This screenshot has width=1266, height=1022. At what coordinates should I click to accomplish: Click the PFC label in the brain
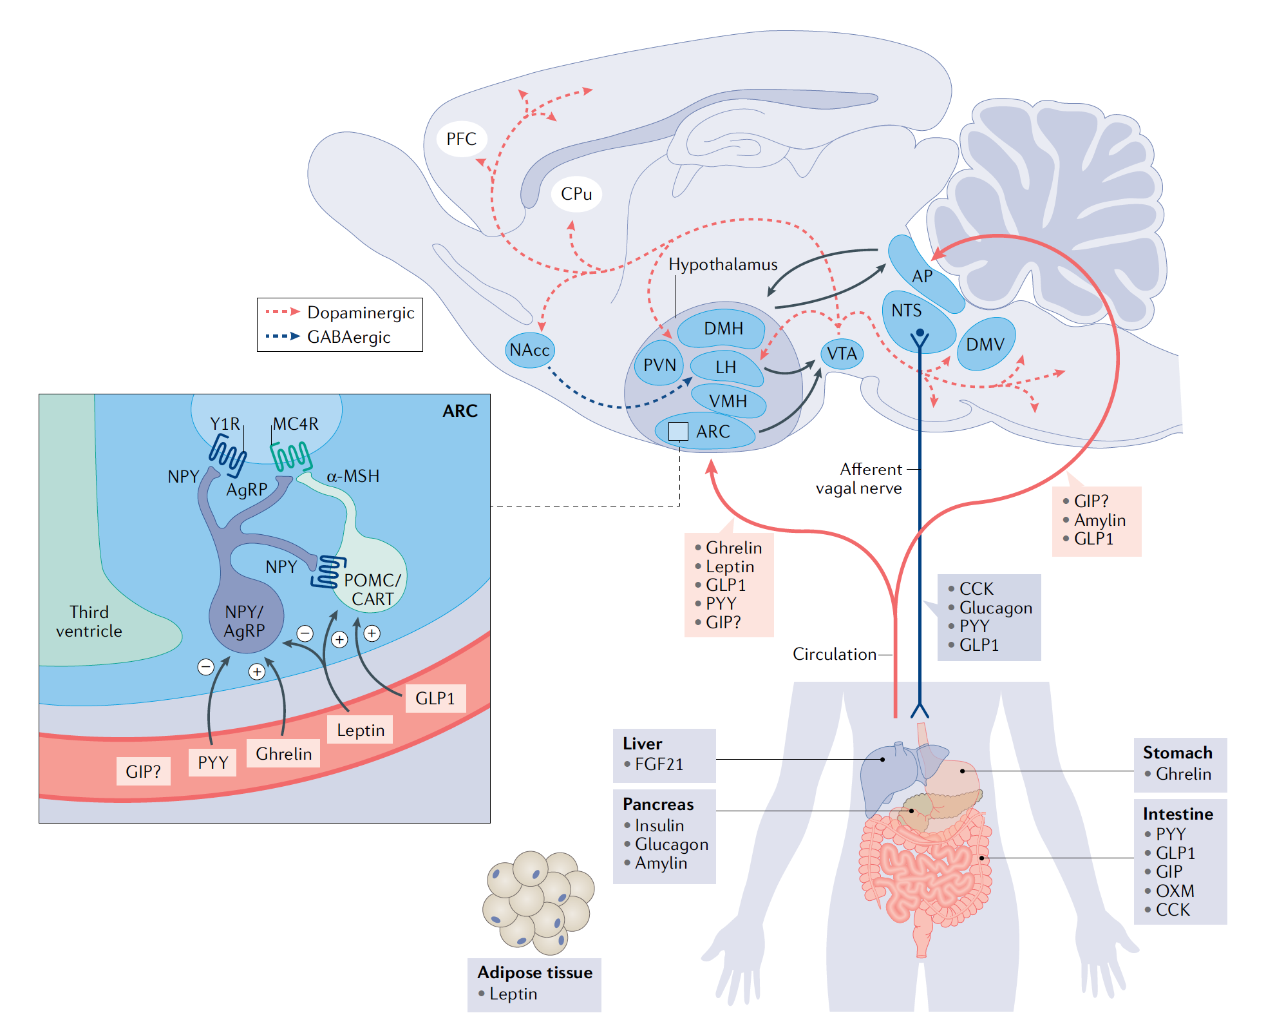click(x=461, y=139)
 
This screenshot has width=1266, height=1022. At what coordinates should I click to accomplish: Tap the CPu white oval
click(x=576, y=193)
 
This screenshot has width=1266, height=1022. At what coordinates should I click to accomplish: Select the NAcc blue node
click(x=529, y=350)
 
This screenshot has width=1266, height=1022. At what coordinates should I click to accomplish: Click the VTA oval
click(x=842, y=354)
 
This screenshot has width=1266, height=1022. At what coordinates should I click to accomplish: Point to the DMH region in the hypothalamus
click(x=723, y=329)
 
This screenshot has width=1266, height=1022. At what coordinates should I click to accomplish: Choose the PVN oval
click(x=659, y=365)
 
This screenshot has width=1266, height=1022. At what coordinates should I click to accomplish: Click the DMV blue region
click(x=985, y=344)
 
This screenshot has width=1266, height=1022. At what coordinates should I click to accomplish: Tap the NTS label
click(x=906, y=311)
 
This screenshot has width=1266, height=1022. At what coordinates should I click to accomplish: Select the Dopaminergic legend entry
click(x=361, y=313)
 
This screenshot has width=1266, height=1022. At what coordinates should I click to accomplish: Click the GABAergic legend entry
click(x=348, y=337)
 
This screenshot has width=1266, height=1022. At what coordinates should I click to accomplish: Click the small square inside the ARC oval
click(x=678, y=431)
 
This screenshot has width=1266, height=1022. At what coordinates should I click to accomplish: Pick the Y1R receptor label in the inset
click(x=225, y=424)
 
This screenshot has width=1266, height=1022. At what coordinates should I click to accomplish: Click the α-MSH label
click(x=353, y=476)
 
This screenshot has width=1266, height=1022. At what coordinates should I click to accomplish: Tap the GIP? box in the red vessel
click(x=143, y=771)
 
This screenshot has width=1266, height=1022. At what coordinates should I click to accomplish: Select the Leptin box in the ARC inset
click(x=361, y=730)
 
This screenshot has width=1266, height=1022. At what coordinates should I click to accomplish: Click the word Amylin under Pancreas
click(x=661, y=863)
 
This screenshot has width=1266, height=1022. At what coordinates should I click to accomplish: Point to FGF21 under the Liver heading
click(x=659, y=764)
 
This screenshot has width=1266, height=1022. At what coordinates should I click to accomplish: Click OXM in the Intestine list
click(x=1175, y=891)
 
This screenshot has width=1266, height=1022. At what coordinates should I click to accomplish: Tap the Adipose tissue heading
click(x=534, y=972)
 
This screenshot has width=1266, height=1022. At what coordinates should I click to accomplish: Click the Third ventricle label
click(x=89, y=621)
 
